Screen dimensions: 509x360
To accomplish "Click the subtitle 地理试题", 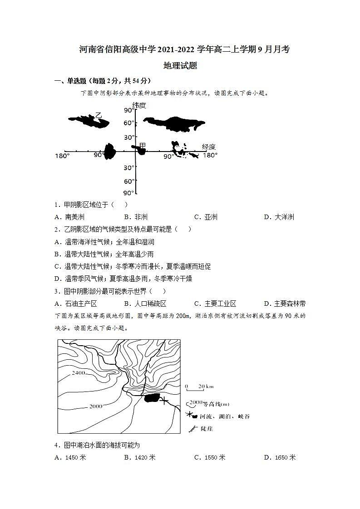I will coord(180,65).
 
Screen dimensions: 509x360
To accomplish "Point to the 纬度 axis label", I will coord(139,105).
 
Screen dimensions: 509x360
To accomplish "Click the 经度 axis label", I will coord(209,147).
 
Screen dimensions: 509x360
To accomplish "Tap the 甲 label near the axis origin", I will coord(143,145).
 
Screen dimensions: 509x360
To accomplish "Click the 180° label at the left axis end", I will coord(62,156).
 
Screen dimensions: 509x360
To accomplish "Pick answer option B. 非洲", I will coord(136,217).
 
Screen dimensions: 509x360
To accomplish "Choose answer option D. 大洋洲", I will coord(279,217).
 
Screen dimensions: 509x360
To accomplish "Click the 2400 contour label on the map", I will coord(78,373).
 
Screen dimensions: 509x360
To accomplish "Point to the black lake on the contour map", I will coord(152,398).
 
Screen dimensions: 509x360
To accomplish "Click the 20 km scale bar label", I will coord(206,387).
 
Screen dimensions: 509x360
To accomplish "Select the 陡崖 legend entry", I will coord(206,428).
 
